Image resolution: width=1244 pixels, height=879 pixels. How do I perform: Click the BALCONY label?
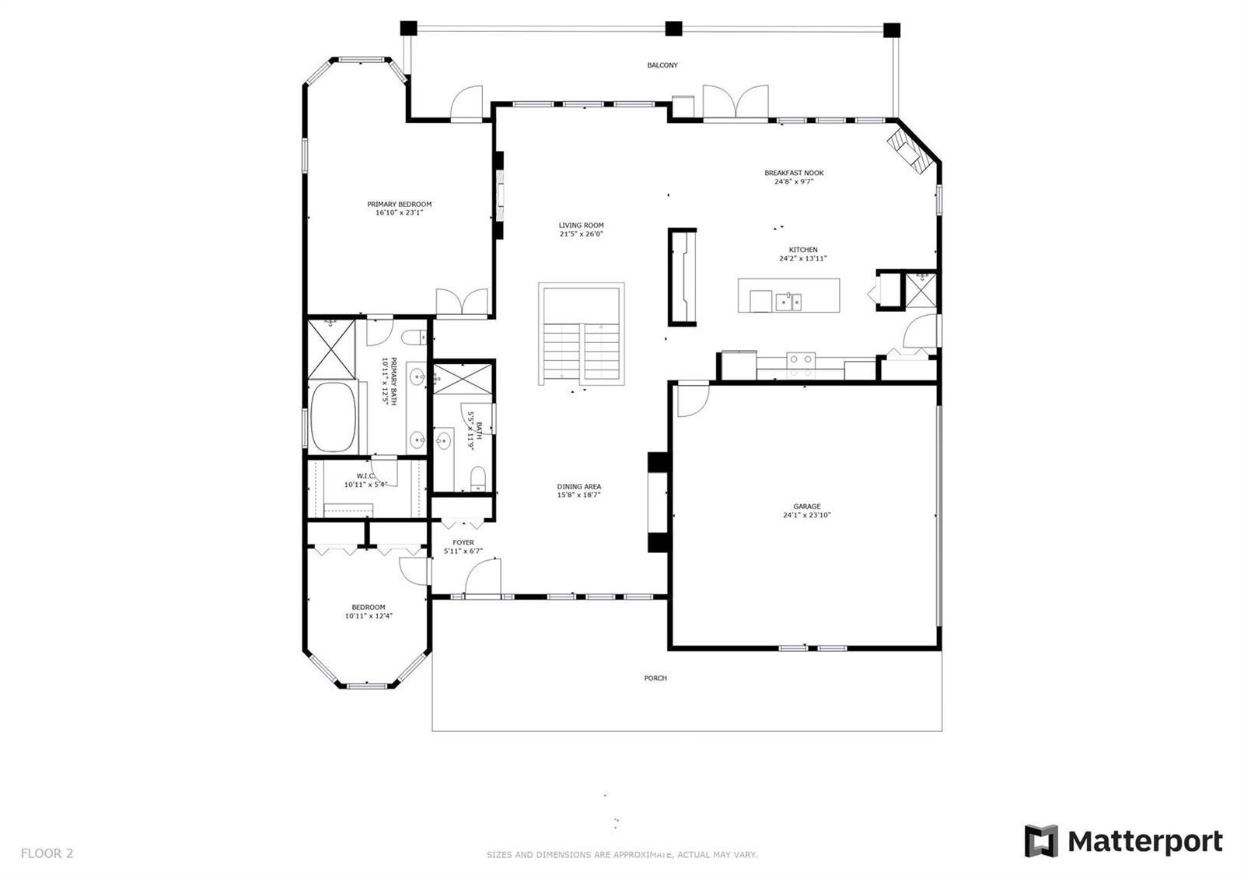pos(662,65)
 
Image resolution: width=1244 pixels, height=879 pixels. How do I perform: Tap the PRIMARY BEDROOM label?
pos(399,204)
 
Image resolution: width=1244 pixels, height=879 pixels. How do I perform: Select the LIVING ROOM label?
pos(581,225)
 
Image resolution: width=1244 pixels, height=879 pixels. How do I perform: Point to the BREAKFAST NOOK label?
pos(794,173)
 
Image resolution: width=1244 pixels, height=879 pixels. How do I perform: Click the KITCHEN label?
pos(803,250)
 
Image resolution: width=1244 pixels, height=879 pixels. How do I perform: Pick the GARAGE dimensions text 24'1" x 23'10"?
pos(806,514)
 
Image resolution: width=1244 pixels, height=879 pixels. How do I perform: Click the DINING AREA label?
pos(578,486)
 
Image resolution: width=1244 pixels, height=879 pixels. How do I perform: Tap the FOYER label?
pos(463,542)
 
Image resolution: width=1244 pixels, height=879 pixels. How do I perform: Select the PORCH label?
pos(655,678)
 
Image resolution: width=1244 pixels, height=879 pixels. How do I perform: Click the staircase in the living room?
pos(581,334)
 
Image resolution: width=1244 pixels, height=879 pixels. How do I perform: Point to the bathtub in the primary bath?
pos(333,417)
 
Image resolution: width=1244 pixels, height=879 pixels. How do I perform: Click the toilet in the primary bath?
pos(414,338)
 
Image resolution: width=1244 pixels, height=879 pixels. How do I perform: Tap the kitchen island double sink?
pos(788,302)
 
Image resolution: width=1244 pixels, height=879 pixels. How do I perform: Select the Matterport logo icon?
pos(1041,841)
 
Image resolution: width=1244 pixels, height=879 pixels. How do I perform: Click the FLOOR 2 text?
pos(47,853)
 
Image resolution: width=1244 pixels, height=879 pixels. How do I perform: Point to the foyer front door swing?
pos(482,576)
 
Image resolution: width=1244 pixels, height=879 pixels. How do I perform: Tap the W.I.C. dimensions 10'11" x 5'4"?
pos(365,485)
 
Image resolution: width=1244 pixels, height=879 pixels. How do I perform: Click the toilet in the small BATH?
pos(477,479)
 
